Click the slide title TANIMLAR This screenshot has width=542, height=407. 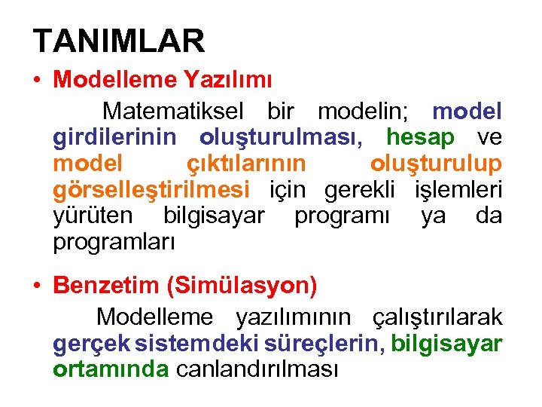pyautogui.click(x=119, y=41)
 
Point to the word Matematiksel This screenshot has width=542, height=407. pyautogui.click(x=173, y=112)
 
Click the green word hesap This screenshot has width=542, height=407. pyautogui.click(x=420, y=137)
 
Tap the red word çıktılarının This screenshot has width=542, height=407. pyautogui.click(x=245, y=164)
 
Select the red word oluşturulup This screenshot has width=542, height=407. pyautogui.click(x=436, y=164)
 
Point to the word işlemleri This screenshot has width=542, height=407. pyautogui.click(x=458, y=189)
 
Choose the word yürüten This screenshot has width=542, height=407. pyautogui.click(x=93, y=216)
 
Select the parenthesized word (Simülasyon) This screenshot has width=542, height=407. pyautogui.click(x=242, y=286)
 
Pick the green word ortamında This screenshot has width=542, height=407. pyautogui.click(x=111, y=369)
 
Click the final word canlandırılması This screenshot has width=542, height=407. pyautogui.click(x=257, y=369)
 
